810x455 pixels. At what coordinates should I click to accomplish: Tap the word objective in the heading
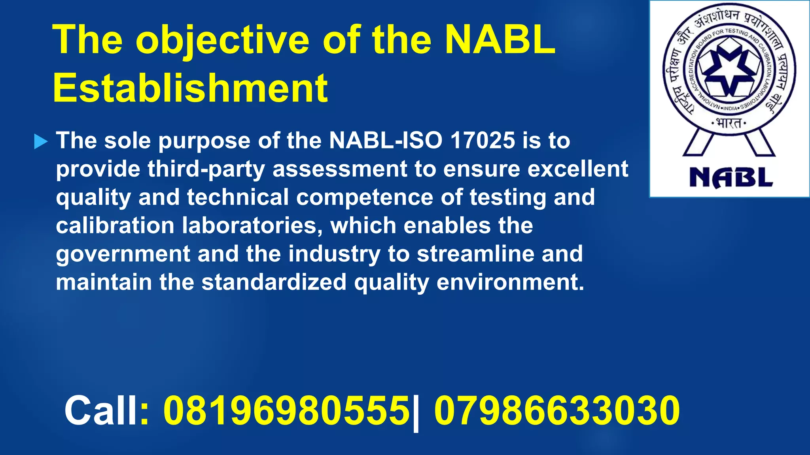pyautogui.click(x=222, y=40)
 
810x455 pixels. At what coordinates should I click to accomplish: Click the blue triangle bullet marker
pyautogui.click(x=41, y=141)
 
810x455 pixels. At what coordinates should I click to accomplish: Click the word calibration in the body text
pyautogui.click(x=115, y=226)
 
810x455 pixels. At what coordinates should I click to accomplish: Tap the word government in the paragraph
pyautogui.click(x=123, y=254)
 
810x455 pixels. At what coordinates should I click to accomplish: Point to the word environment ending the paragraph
pyautogui.click(x=510, y=282)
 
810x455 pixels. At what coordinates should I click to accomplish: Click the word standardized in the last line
pyautogui.click(x=274, y=282)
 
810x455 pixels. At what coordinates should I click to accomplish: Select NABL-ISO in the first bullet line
pyautogui.click(x=385, y=140)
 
